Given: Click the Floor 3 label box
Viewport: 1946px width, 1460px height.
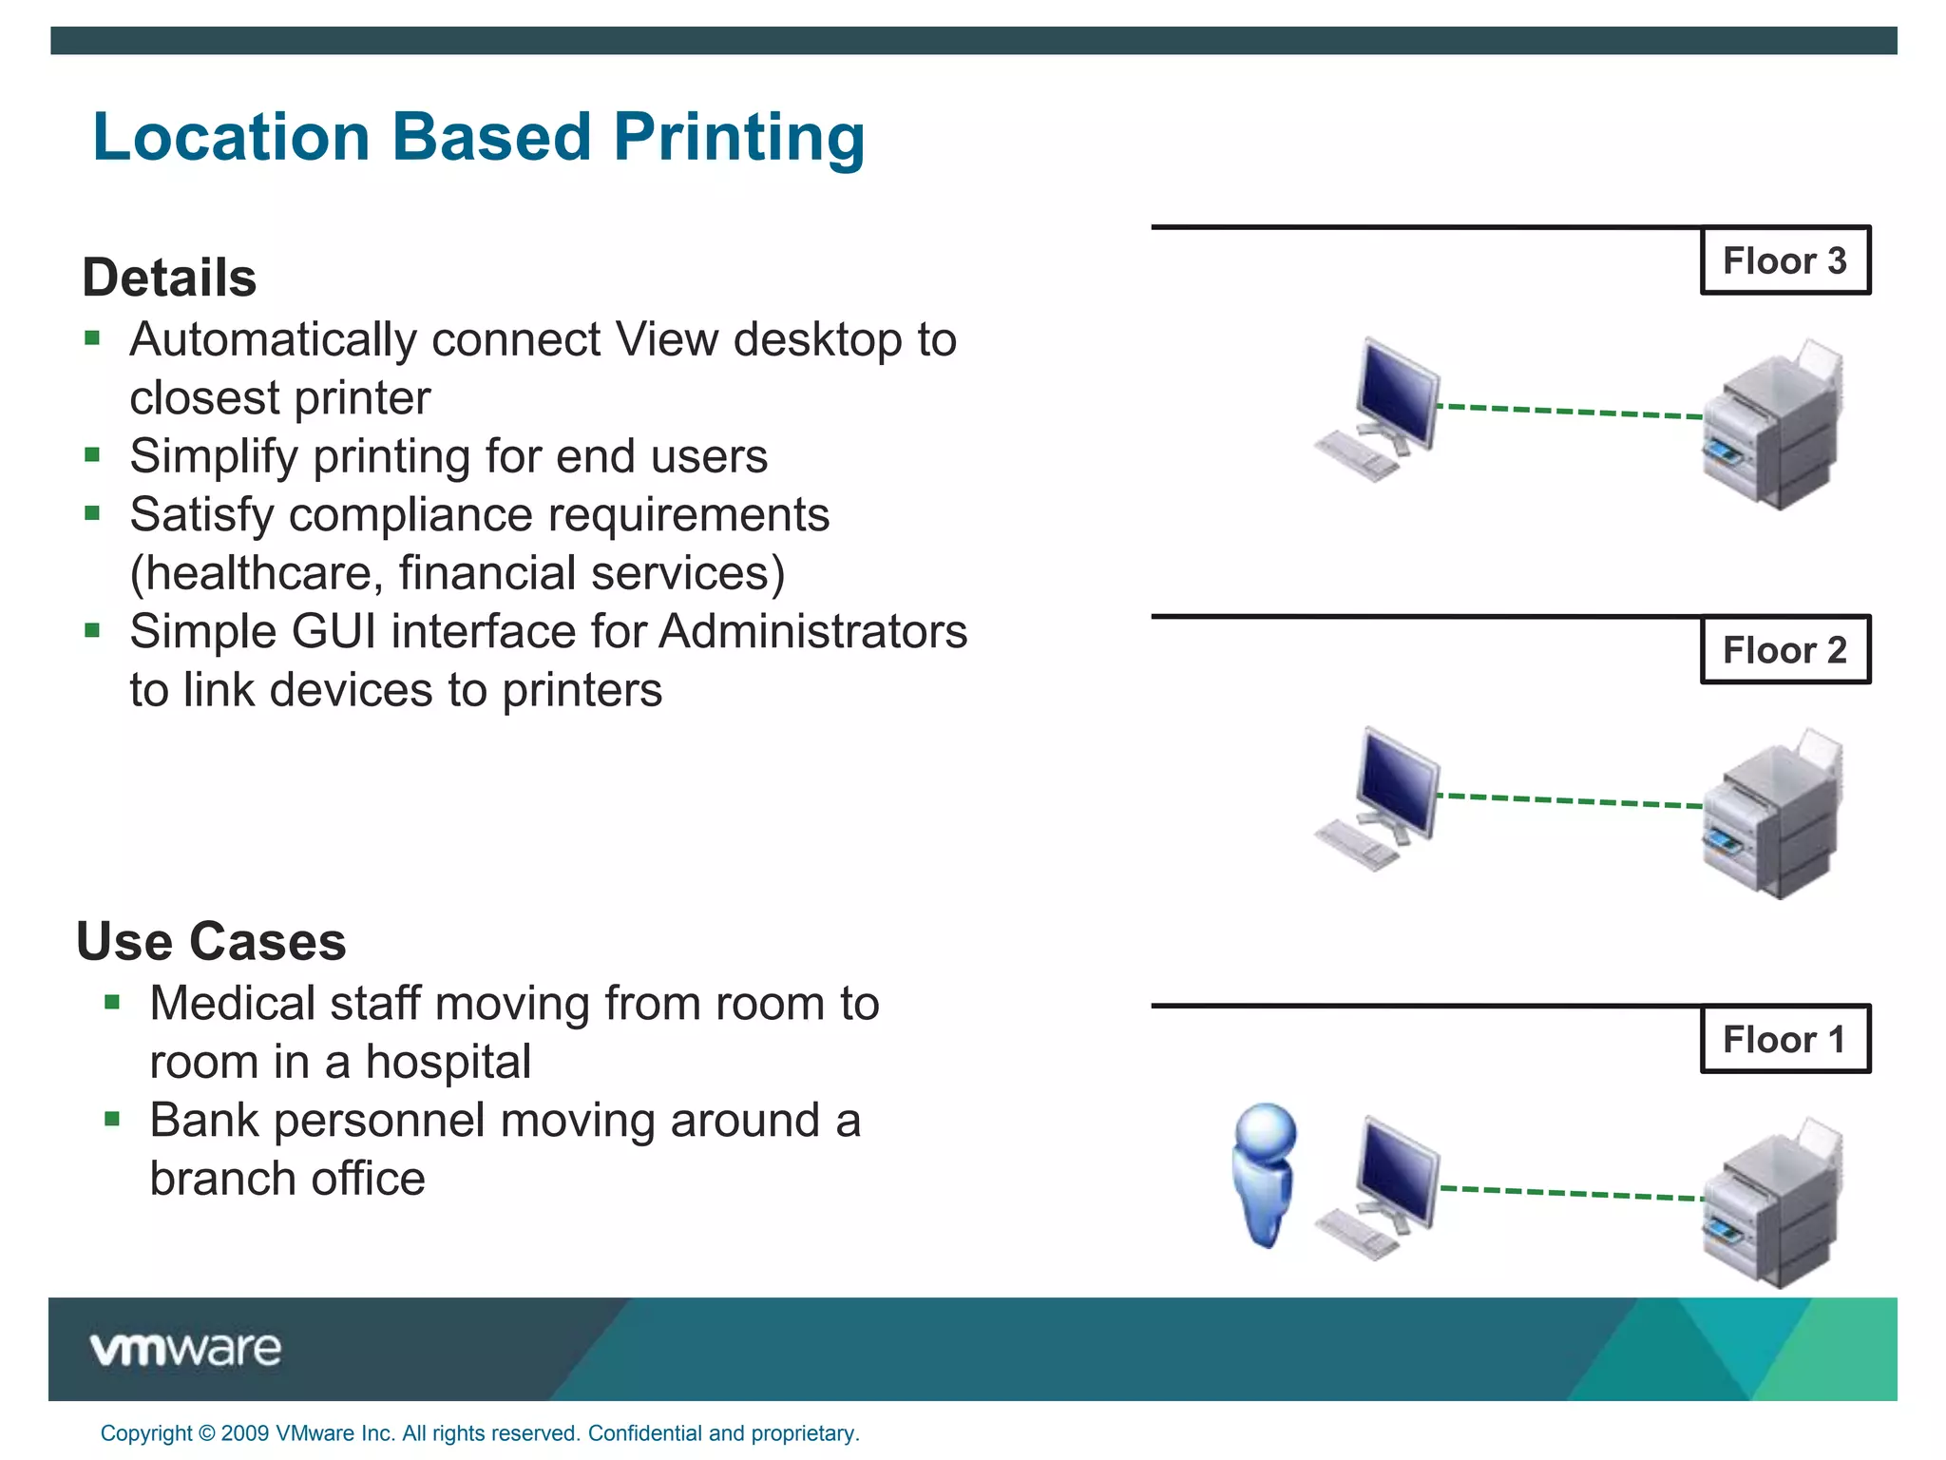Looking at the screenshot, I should (1784, 260).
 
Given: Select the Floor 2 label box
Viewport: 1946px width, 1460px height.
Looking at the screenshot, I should (1784, 650).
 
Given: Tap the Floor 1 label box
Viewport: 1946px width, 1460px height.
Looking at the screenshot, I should (1784, 1039).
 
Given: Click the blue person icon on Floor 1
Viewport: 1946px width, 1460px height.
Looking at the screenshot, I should (1264, 1174).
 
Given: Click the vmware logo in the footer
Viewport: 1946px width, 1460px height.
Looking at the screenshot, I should (186, 1349).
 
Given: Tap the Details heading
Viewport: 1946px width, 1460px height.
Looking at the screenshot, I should (169, 278).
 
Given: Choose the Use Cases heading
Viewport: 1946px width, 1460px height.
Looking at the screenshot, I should (211, 942).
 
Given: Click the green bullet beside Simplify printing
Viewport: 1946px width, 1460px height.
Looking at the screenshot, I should (92, 454).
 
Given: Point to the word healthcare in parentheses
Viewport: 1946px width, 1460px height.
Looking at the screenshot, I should (257, 573).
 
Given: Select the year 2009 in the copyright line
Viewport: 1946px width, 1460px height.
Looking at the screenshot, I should (244, 1433).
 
